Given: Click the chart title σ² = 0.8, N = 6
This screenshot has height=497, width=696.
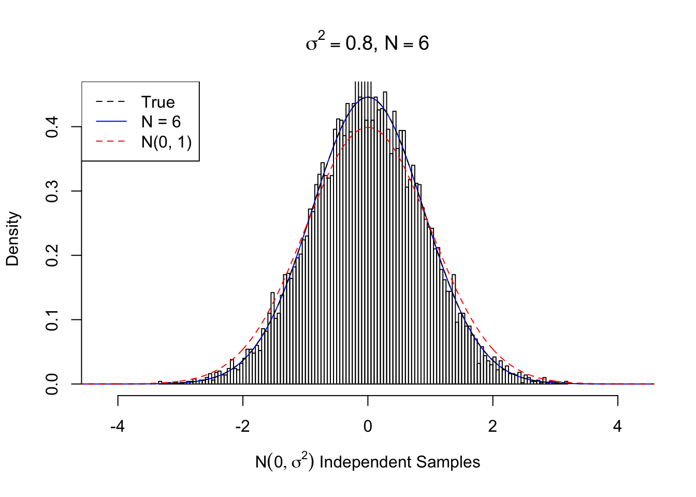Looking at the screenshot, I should click(367, 43).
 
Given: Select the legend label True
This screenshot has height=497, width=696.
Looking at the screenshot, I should click(158, 102).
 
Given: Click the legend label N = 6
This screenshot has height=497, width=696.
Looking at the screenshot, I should click(161, 122).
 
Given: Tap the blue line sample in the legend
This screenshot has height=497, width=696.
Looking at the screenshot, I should click(111, 122).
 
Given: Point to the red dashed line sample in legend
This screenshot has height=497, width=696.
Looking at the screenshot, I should click(111, 141).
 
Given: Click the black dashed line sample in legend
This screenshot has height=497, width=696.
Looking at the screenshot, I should click(111, 102).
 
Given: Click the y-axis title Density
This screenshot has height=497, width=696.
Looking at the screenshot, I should click(12, 239).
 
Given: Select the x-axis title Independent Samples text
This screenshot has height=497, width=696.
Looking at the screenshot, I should click(399, 462).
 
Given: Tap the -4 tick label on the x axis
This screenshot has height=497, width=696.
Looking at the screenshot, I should click(118, 427).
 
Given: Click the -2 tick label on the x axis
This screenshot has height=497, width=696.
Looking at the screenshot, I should click(242, 427).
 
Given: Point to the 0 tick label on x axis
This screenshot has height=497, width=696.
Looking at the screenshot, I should click(368, 427).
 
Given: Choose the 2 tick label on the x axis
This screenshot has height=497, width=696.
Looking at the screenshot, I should click(492, 427).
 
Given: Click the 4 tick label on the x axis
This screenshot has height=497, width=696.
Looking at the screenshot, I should click(617, 427).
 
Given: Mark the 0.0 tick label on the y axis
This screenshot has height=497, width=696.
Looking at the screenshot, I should click(52, 384).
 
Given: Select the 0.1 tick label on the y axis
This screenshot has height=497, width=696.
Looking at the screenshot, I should click(52, 320).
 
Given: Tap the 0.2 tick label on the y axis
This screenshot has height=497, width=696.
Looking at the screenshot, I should click(52, 256).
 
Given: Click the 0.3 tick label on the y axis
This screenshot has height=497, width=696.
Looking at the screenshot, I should click(52, 192).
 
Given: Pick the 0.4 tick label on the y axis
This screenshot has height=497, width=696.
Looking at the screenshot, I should click(52, 127).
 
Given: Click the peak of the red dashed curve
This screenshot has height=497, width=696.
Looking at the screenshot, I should click(368, 127).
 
